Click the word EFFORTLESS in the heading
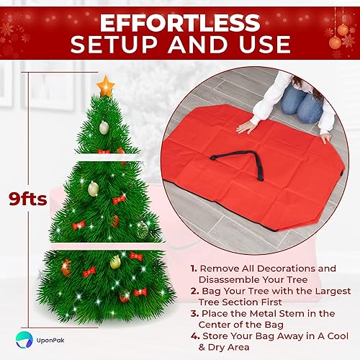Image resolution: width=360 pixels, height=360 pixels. point(180,19)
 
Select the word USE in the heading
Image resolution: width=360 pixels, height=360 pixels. point(261,44)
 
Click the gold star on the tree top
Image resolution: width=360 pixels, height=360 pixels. point(107,86)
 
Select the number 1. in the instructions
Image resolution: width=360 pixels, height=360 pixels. point(194,268)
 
